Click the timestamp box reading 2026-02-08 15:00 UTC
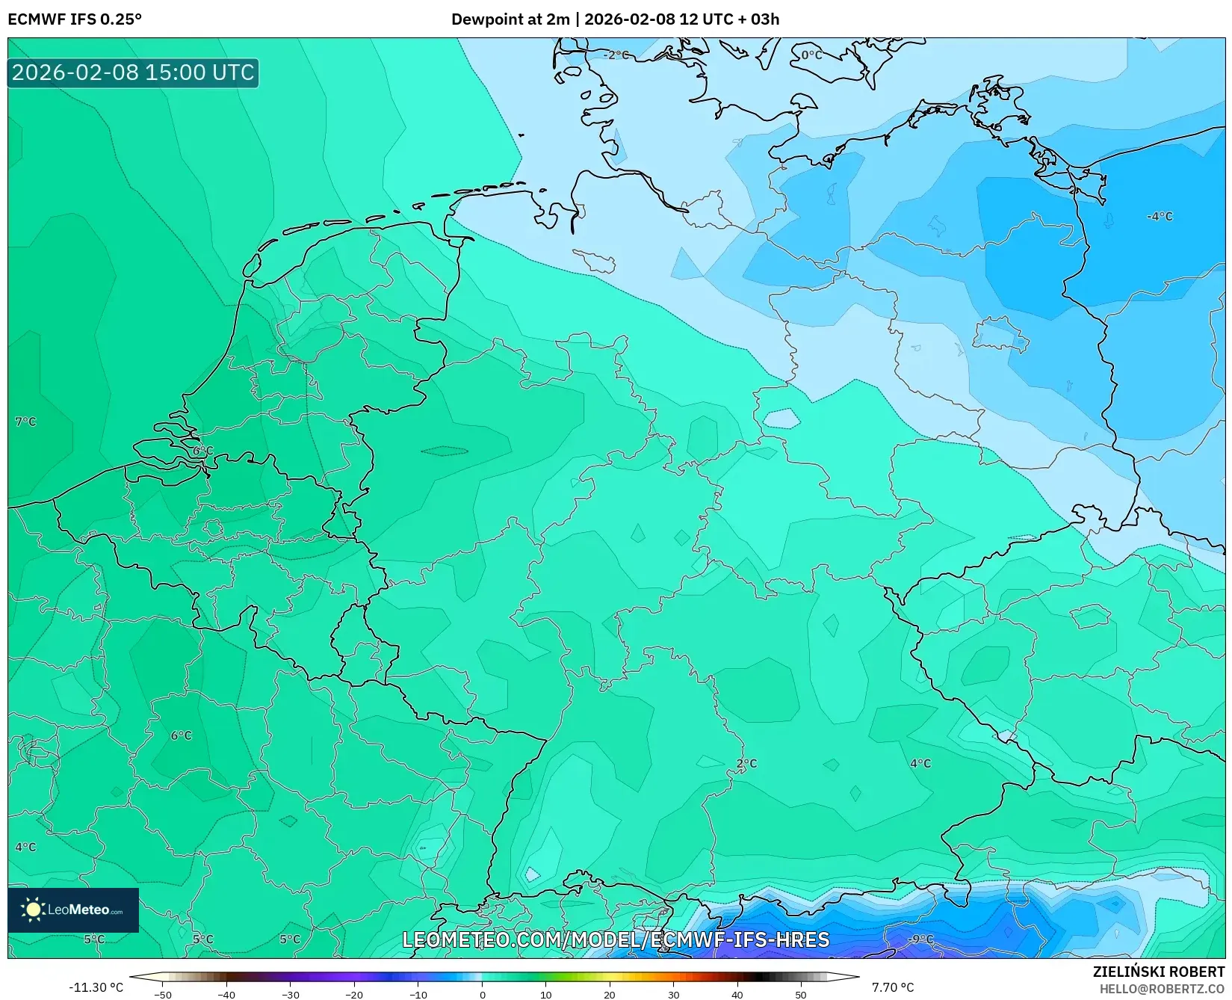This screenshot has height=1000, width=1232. click(x=133, y=72)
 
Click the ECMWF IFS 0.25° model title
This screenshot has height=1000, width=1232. click(x=75, y=19)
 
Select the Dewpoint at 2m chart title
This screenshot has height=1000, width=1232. click(x=615, y=19)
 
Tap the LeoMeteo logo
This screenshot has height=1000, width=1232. click(x=73, y=910)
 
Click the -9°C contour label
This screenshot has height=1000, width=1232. click(x=920, y=939)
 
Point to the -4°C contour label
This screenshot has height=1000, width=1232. click(x=1160, y=216)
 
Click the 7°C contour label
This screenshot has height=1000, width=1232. click(x=25, y=422)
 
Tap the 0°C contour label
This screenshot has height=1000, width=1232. click(x=811, y=55)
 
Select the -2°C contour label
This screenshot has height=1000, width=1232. click(x=616, y=55)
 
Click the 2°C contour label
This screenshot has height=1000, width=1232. click(x=746, y=763)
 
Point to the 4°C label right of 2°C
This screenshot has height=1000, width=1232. click(x=920, y=763)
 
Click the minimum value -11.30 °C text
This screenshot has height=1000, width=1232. click(x=96, y=987)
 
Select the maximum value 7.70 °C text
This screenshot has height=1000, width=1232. click(x=893, y=987)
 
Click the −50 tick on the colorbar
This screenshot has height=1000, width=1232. click(x=163, y=994)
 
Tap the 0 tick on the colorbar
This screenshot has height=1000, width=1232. click(x=482, y=994)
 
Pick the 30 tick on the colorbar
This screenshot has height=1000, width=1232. click(x=673, y=994)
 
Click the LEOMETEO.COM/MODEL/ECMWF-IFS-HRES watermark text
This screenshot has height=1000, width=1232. click(x=616, y=939)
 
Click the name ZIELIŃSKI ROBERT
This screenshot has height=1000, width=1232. click(x=1159, y=972)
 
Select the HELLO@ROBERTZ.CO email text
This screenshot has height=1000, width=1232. click(x=1162, y=989)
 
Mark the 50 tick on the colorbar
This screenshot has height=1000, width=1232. click(x=801, y=994)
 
